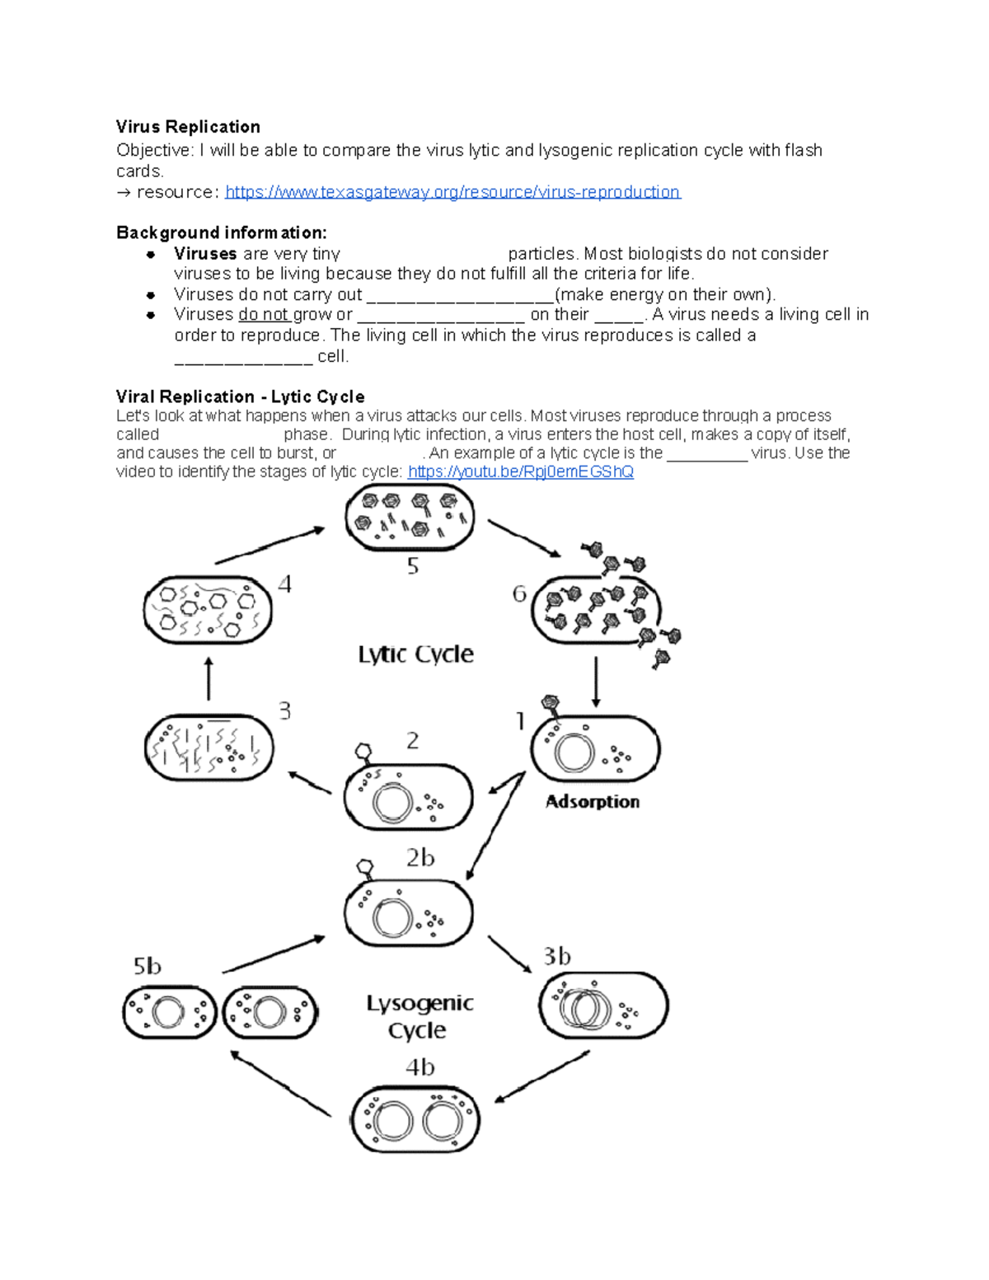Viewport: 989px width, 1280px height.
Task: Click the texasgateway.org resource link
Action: tap(452, 192)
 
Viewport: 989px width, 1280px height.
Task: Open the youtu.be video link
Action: tap(520, 471)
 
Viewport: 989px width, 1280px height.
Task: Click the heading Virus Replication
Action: tap(188, 127)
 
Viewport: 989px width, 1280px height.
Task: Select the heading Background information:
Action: tap(221, 232)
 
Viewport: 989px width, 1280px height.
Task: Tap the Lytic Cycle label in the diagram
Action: tap(415, 654)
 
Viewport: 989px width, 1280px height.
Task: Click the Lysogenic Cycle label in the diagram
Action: tap(420, 1016)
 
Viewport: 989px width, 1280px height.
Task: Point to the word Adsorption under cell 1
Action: tap(592, 802)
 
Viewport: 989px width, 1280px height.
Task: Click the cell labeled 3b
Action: tap(603, 1006)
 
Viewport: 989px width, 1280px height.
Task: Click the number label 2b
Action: tap(420, 858)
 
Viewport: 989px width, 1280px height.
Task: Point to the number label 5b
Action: tap(148, 966)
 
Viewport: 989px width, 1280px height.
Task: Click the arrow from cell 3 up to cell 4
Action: tap(209, 678)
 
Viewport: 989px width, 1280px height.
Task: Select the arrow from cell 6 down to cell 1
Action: tap(596, 682)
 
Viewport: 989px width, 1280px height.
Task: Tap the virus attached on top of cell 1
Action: tap(551, 705)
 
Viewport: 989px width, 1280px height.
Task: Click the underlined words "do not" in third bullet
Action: tap(264, 315)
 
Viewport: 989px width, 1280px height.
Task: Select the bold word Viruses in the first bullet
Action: tap(205, 254)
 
